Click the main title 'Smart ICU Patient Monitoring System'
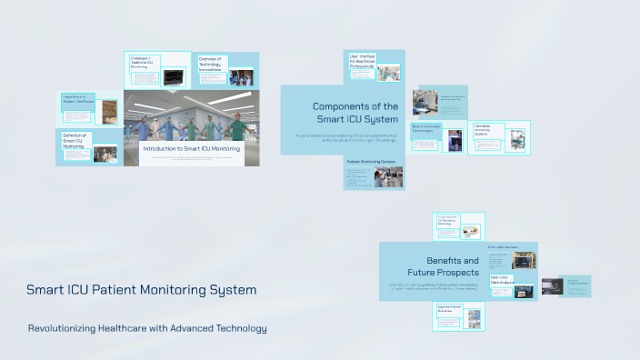(x=141, y=290)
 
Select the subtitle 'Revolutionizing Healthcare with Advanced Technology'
(x=147, y=327)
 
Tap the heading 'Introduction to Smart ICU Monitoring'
(x=192, y=147)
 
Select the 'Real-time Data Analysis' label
(x=501, y=280)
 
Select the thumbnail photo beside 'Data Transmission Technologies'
(x=455, y=139)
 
